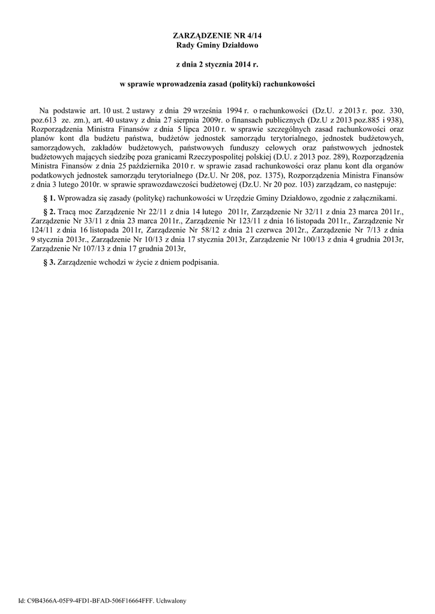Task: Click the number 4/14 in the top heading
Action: (x=254, y=36)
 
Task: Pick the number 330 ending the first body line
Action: (x=394, y=111)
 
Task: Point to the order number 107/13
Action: (x=91, y=247)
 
